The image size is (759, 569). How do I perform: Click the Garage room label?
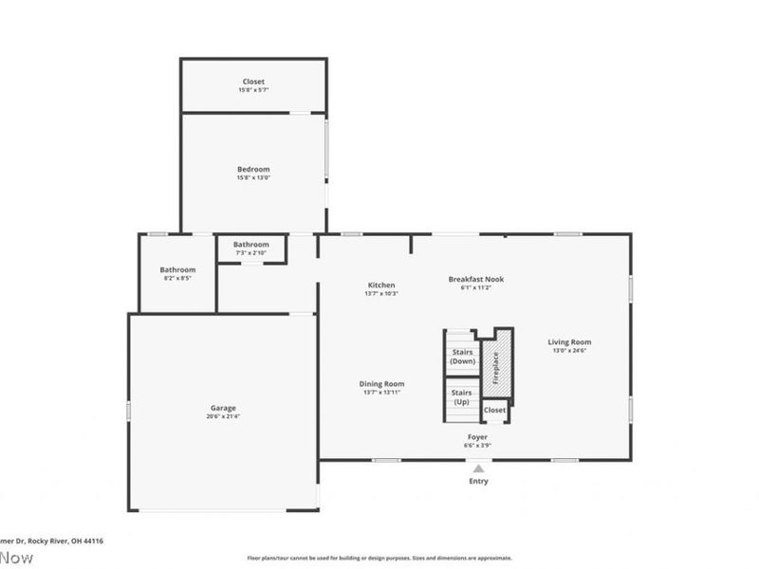coord(223,408)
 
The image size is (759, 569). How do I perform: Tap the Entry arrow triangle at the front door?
coord(478,468)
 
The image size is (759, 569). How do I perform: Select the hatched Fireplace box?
coord(494,366)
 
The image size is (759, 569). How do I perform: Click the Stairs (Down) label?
coord(462,357)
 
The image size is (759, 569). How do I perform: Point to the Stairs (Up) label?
coord(462,396)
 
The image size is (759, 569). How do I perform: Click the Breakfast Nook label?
coord(475,280)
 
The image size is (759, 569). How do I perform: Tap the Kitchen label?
coord(381,285)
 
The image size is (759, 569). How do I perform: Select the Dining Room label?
coord(381,384)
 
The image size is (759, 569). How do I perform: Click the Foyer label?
coord(476,437)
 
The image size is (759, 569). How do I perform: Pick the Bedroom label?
coord(253,170)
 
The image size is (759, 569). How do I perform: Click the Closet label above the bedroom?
coord(253,83)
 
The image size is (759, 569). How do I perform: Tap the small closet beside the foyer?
coord(495,411)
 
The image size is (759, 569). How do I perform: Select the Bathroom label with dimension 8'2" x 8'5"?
coord(177,270)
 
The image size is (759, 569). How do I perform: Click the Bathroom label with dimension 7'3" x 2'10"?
coord(251,245)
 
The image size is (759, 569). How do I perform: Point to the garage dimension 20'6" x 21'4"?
coord(223,416)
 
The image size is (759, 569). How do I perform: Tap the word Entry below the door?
coord(478,482)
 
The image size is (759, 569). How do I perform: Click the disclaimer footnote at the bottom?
coord(379,559)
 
